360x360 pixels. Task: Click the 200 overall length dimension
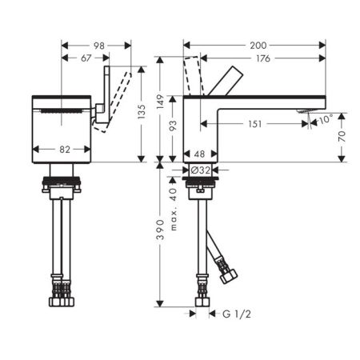click(x=258, y=46)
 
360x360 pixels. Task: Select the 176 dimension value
click(x=263, y=58)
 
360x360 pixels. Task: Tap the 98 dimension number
click(x=99, y=46)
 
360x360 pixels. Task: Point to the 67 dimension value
click(x=86, y=58)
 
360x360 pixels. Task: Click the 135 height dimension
click(x=142, y=112)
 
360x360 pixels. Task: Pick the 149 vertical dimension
click(x=160, y=102)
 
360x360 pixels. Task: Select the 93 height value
click(x=173, y=126)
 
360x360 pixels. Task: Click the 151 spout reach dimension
click(x=255, y=124)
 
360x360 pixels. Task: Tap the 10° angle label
click(x=326, y=119)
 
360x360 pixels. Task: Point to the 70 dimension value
click(x=342, y=136)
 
